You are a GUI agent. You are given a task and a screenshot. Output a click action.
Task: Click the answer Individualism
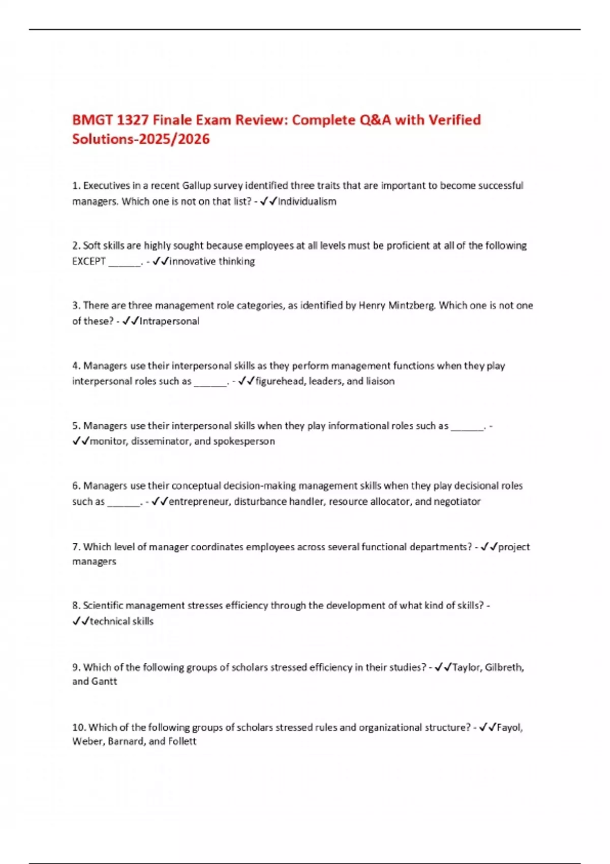point(307,202)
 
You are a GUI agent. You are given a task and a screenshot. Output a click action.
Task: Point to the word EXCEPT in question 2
point(89,261)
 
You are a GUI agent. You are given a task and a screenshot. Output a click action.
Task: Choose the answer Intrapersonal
point(169,321)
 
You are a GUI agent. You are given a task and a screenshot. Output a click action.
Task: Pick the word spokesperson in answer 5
point(244,441)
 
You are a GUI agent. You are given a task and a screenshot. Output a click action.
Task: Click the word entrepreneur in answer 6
point(199,502)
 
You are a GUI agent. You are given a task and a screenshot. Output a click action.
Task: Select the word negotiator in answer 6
point(457,502)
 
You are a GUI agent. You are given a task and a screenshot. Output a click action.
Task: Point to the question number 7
point(76,547)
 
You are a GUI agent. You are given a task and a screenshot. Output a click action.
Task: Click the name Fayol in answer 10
point(509,727)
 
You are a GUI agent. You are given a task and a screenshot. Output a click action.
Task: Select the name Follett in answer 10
point(182,742)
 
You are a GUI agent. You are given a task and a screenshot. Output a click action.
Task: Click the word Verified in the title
point(454,120)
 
